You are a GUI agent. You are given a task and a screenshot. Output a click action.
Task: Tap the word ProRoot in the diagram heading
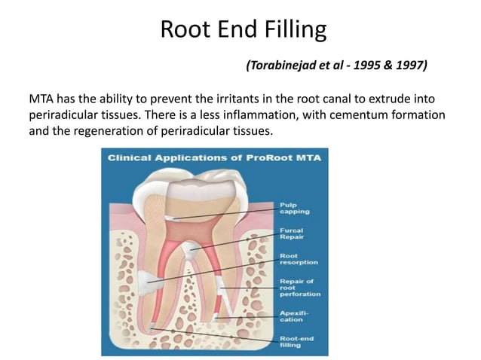click(248, 157)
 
